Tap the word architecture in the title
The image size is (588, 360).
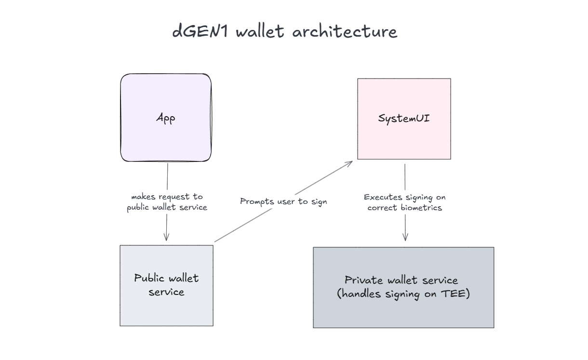pyautogui.click(x=345, y=32)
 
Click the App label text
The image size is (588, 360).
pyautogui.click(x=166, y=118)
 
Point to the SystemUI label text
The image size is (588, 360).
pyautogui.click(x=404, y=118)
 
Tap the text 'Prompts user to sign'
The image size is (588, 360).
pyautogui.click(x=283, y=201)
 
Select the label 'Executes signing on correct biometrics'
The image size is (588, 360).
pyautogui.click(x=405, y=202)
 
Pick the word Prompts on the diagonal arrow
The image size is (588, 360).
pyautogui.click(x=257, y=201)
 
